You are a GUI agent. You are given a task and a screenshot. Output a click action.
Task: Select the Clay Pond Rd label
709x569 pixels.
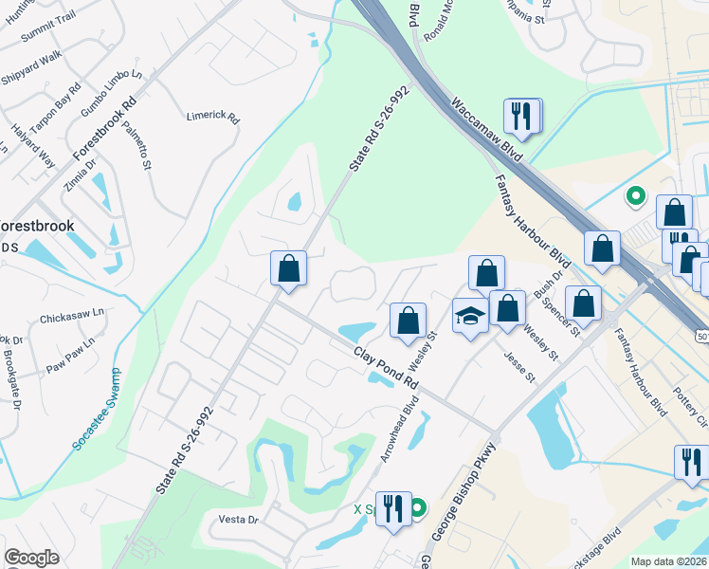click(386, 368)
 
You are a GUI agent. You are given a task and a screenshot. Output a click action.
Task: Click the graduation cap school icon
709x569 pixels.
click(469, 316)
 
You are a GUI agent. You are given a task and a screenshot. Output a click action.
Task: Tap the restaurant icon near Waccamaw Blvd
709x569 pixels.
click(522, 117)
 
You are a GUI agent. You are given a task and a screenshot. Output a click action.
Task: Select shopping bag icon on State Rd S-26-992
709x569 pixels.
click(288, 268)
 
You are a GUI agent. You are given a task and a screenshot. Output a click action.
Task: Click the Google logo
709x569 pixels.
click(31, 558)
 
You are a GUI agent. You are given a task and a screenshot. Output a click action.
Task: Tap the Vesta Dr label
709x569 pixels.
click(239, 520)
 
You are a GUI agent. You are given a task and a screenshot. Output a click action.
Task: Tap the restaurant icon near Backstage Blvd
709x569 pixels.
click(690, 462)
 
